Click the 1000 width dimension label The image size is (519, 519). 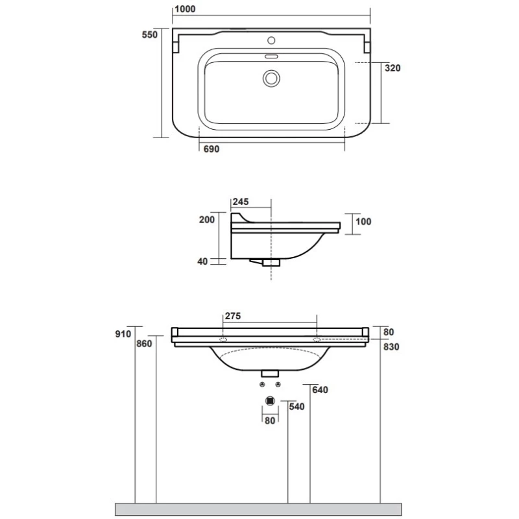tap(185, 9)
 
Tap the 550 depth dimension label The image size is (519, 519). tap(150, 34)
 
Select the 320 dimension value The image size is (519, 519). tap(392, 68)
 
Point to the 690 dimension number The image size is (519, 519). tap(211, 149)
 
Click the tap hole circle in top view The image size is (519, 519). tap(271, 41)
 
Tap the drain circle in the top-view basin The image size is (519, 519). tap(271, 78)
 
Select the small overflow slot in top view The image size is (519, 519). tap(271, 56)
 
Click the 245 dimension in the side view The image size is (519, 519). tap(241, 202)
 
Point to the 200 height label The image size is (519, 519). tap(207, 219)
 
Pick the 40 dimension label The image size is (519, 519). tap(202, 261)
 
